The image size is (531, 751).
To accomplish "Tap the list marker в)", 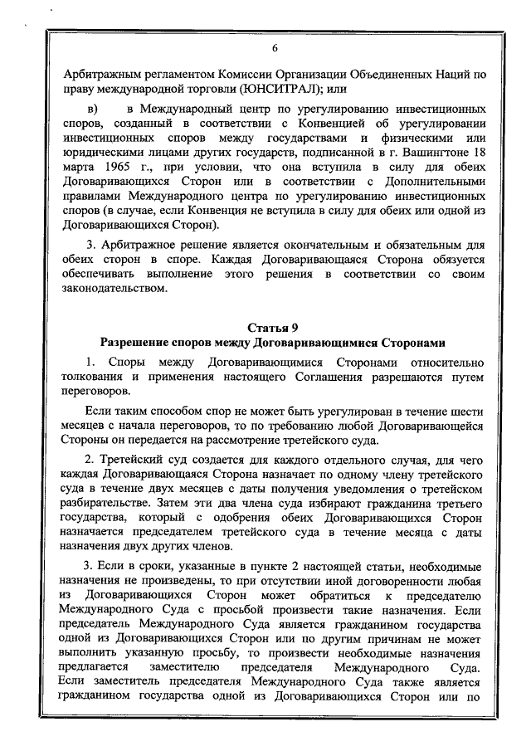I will pyautogui.click(x=92, y=110).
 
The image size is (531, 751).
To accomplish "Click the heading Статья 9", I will pyautogui.click(x=273, y=326).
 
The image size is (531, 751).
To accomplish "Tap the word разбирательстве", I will pyautogui.click(x=113, y=505).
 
